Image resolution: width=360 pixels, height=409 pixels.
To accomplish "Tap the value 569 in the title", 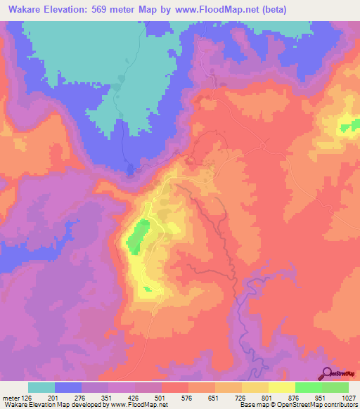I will coord(120,9).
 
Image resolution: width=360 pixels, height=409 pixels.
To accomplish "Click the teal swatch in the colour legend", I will coord(41,387).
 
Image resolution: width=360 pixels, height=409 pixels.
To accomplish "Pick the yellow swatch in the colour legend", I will coord(282,387).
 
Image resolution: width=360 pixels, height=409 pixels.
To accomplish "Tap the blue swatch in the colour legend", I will coord(68,387).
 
